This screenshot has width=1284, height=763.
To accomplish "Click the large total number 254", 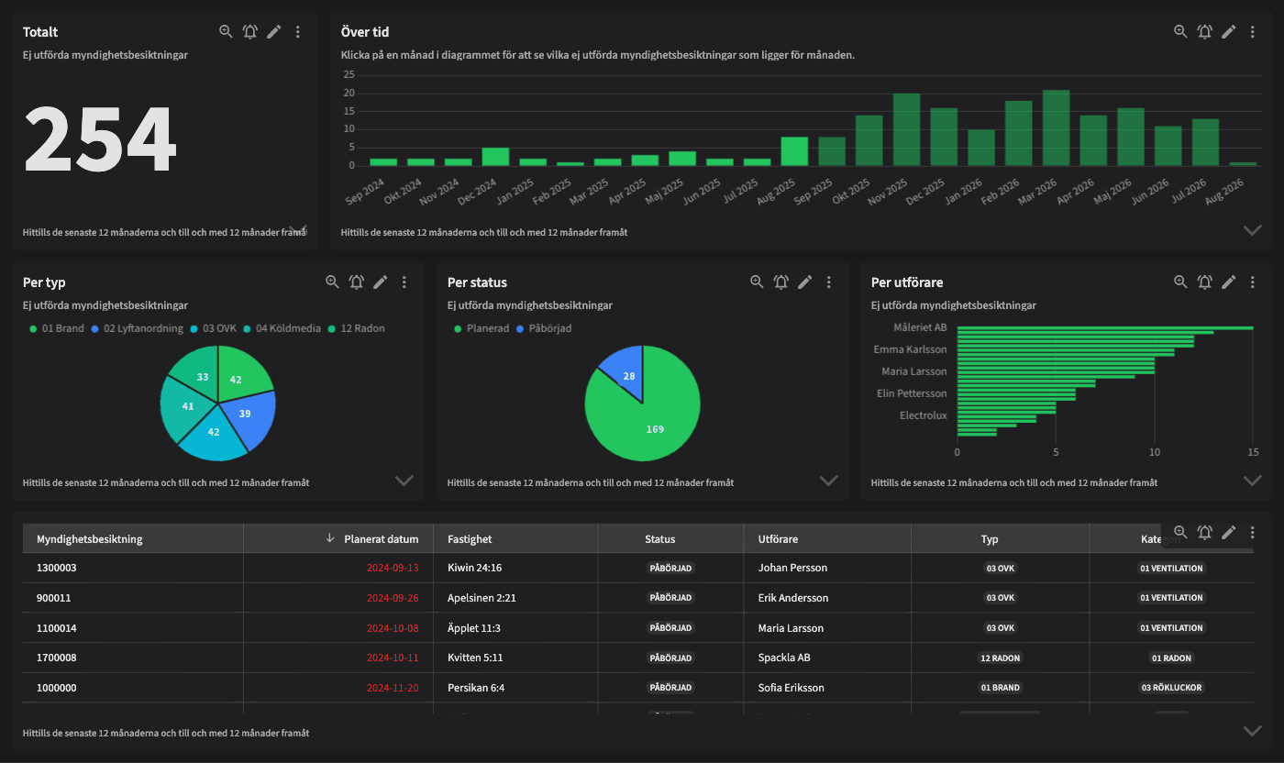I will point(99,139).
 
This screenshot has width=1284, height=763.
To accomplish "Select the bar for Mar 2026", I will point(1056,128).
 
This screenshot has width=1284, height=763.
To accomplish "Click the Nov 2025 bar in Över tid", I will point(906,130).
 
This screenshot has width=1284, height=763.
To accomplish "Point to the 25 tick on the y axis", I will point(349,74).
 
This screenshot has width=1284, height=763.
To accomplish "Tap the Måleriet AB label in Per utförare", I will point(920,327).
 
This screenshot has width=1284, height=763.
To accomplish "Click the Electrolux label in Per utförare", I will point(923,415).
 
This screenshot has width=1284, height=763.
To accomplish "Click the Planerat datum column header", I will point(381,539).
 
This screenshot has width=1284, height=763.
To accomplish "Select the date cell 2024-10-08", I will point(393,628).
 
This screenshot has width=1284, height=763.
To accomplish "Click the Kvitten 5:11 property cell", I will point(475,658).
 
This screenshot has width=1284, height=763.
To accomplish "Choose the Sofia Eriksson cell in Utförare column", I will point(791,688).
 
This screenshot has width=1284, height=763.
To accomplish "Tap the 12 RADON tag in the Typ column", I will point(1000,658).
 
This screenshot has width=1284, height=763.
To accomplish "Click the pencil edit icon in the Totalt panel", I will point(274,32).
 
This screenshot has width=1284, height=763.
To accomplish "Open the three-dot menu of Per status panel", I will point(829,282).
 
